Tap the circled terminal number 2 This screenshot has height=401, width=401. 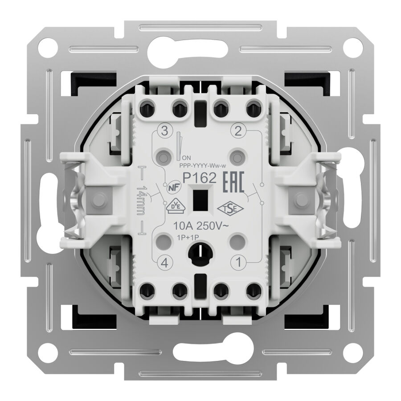coord(238,131)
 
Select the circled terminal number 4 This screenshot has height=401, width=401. coord(165,263)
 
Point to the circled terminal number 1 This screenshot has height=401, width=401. coord(238,262)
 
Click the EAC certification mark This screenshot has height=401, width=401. coord(234,182)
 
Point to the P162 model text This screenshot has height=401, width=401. coord(199,178)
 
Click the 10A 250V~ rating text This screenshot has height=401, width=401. coord(201,226)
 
